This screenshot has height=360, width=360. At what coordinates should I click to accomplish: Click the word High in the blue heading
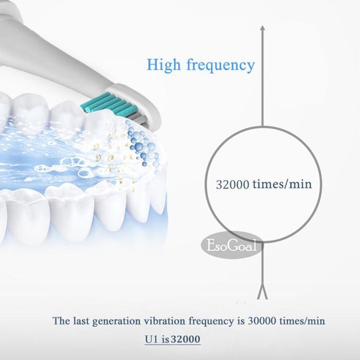(x=164, y=65)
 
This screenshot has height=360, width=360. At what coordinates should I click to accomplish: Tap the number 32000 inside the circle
(x=232, y=184)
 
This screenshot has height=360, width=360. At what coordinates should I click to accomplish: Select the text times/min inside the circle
(x=282, y=184)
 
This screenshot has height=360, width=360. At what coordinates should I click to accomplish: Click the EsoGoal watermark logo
(x=232, y=246)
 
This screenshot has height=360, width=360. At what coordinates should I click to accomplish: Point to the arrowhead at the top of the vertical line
(x=263, y=28)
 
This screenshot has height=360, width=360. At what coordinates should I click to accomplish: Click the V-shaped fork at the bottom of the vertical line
(x=262, y=293)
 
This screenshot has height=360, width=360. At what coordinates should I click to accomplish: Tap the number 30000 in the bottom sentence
(x=262, y=321)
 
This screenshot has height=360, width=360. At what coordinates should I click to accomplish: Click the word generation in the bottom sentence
(x=116, y=321)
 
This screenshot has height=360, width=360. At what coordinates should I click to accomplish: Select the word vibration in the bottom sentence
(x=165, y=321)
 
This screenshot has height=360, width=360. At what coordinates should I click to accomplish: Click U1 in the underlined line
(x=152, y=339)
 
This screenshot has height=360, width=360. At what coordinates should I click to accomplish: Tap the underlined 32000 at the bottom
(x=186, y=339)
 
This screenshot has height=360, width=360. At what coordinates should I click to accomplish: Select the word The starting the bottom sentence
(x=61, y=321)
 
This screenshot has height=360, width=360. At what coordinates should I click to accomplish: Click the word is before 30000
(x=240, y=321)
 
